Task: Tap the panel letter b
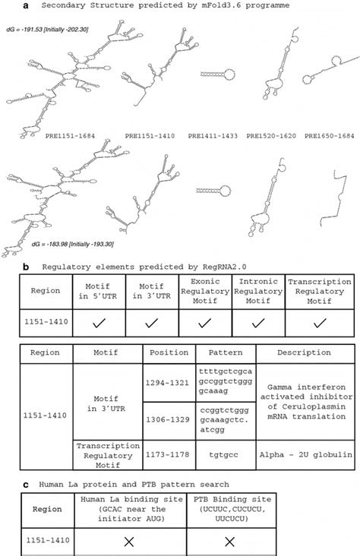pyautogui.click(x=27, y=267)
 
